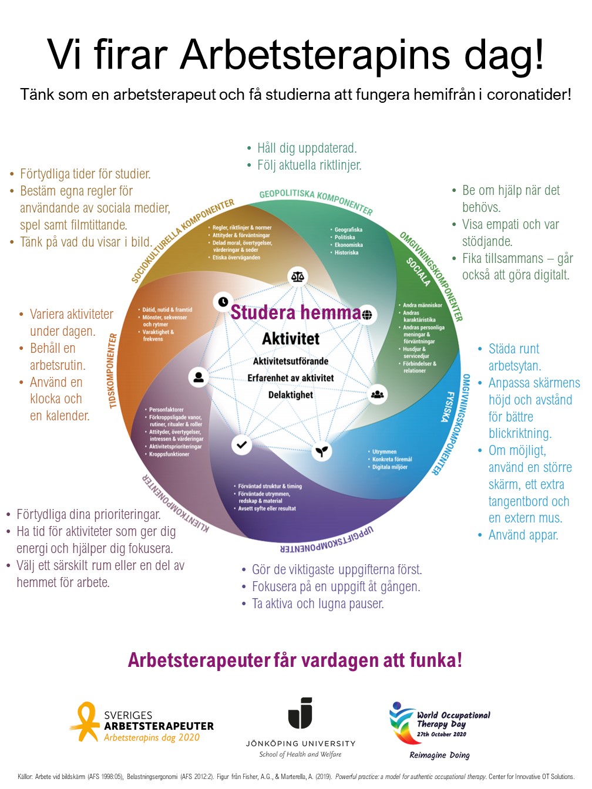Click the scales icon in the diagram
(x=298, y=276)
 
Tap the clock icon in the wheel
(x=223, y=302)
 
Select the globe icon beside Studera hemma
(x=367, y=315)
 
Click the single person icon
(x=199, y=377)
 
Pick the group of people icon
(x=377, y=394)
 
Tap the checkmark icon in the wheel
(x=241, y=445)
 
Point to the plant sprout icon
(x=322, y=451)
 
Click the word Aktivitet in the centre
(x=291, y=339)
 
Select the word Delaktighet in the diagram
(x=291, y=394)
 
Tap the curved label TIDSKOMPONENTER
(x=113, y=370)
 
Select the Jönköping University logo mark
(x=300, y=713)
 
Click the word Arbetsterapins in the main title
(x=315, y=55)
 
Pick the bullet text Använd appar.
(x=523, y=535)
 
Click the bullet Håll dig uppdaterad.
(x=307, y=148)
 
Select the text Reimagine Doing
(x=439, y=755)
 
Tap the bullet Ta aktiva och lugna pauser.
(x=318, y=603)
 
